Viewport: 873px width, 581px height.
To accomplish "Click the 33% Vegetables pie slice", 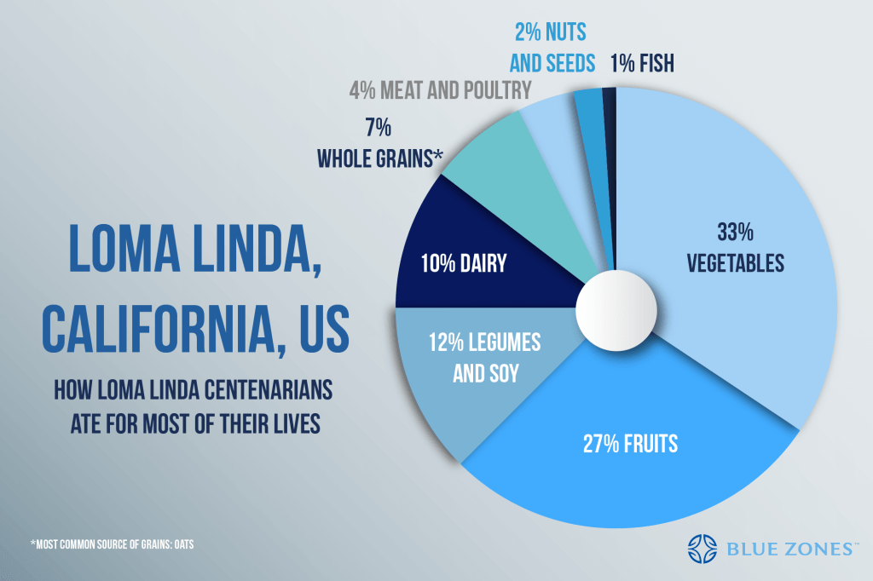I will tap(725, 247).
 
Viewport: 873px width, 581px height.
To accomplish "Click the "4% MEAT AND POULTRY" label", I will tap(440, 89).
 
